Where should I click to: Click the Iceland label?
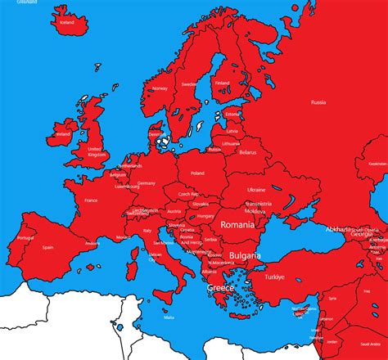(x=67, y=23)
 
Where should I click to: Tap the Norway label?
(x=160, y=88)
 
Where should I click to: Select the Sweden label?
(x=188, y=83)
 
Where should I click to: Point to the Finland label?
(x=222, y=82)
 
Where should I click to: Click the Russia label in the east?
(x=318, y=102)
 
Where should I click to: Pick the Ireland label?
(x=63, y=133)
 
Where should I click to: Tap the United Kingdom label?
(x=97, y=151)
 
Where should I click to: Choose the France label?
(x=91, y=200)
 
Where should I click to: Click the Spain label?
(x=48, y=247)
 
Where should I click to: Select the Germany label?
(x=147, y=182)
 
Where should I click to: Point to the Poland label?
(x=197, y=173)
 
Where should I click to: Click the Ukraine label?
(x=256, y=189)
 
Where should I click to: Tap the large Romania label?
(x=238, y=223)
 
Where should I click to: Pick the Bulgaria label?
(x=245, y=256)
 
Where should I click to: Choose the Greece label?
(x=220, y=289)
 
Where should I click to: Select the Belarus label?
(x=247, y=152)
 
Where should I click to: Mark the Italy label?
(x=148, y=231)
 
